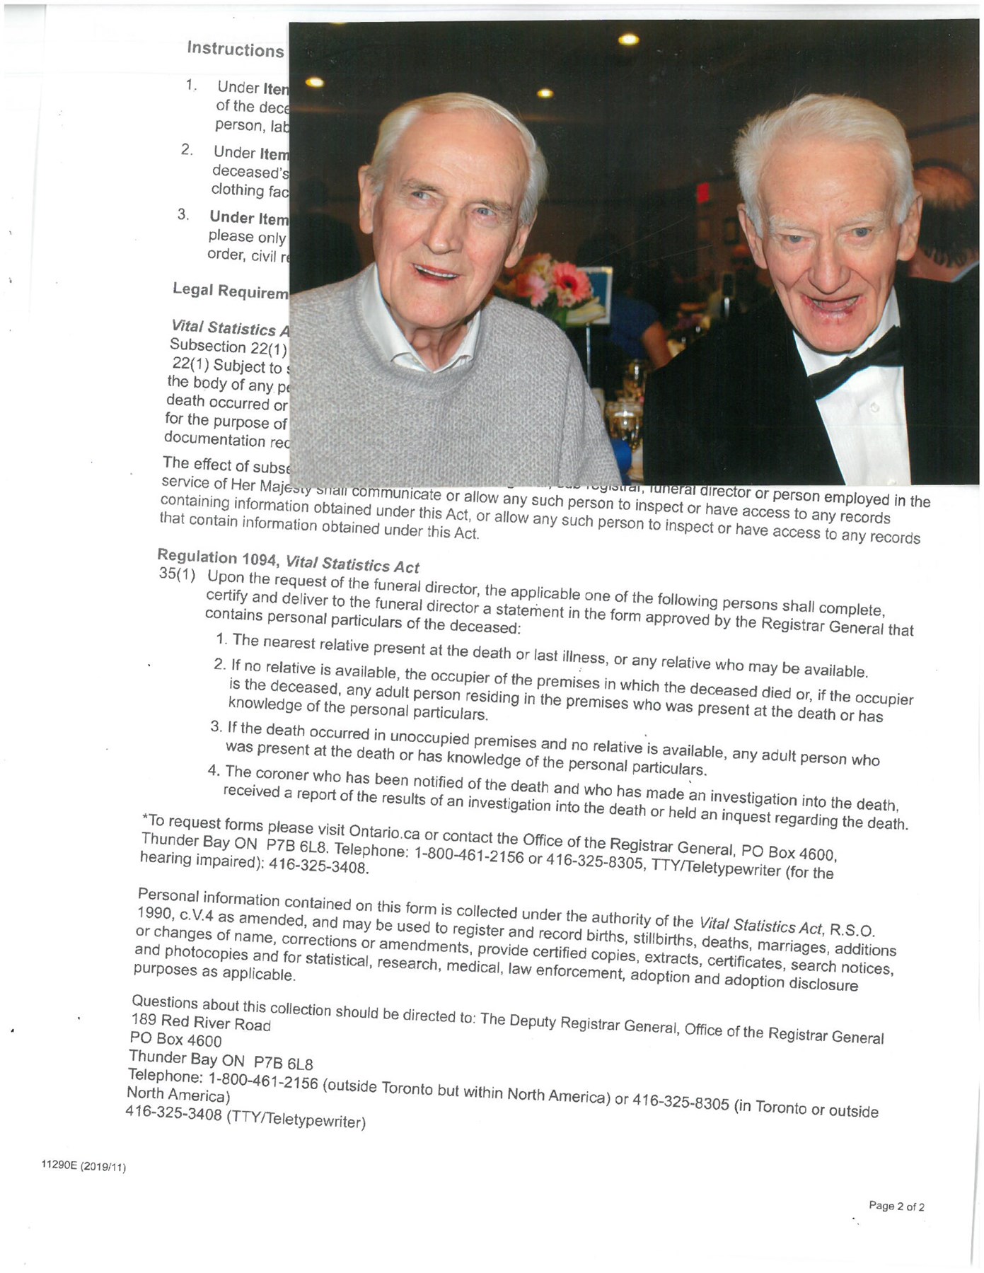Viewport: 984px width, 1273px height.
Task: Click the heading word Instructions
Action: (x=236, y=49)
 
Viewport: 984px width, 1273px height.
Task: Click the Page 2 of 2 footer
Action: (x=896, y=1207)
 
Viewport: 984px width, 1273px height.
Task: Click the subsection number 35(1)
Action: (x=177, y=574)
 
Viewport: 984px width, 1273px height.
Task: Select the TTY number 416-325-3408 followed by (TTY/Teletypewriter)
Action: (x=245, y=1117)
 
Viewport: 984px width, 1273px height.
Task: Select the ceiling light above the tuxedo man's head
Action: (x=628, y=40)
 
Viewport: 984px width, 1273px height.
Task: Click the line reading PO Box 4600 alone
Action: (x=175, y=1040)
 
